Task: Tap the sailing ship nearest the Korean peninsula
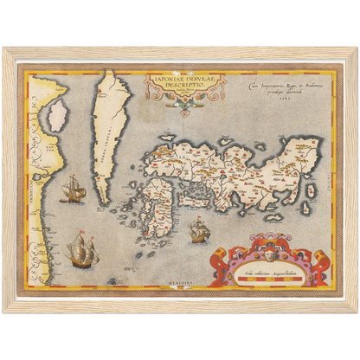(x=74, y=189)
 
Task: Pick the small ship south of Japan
(x=198, y=230)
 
